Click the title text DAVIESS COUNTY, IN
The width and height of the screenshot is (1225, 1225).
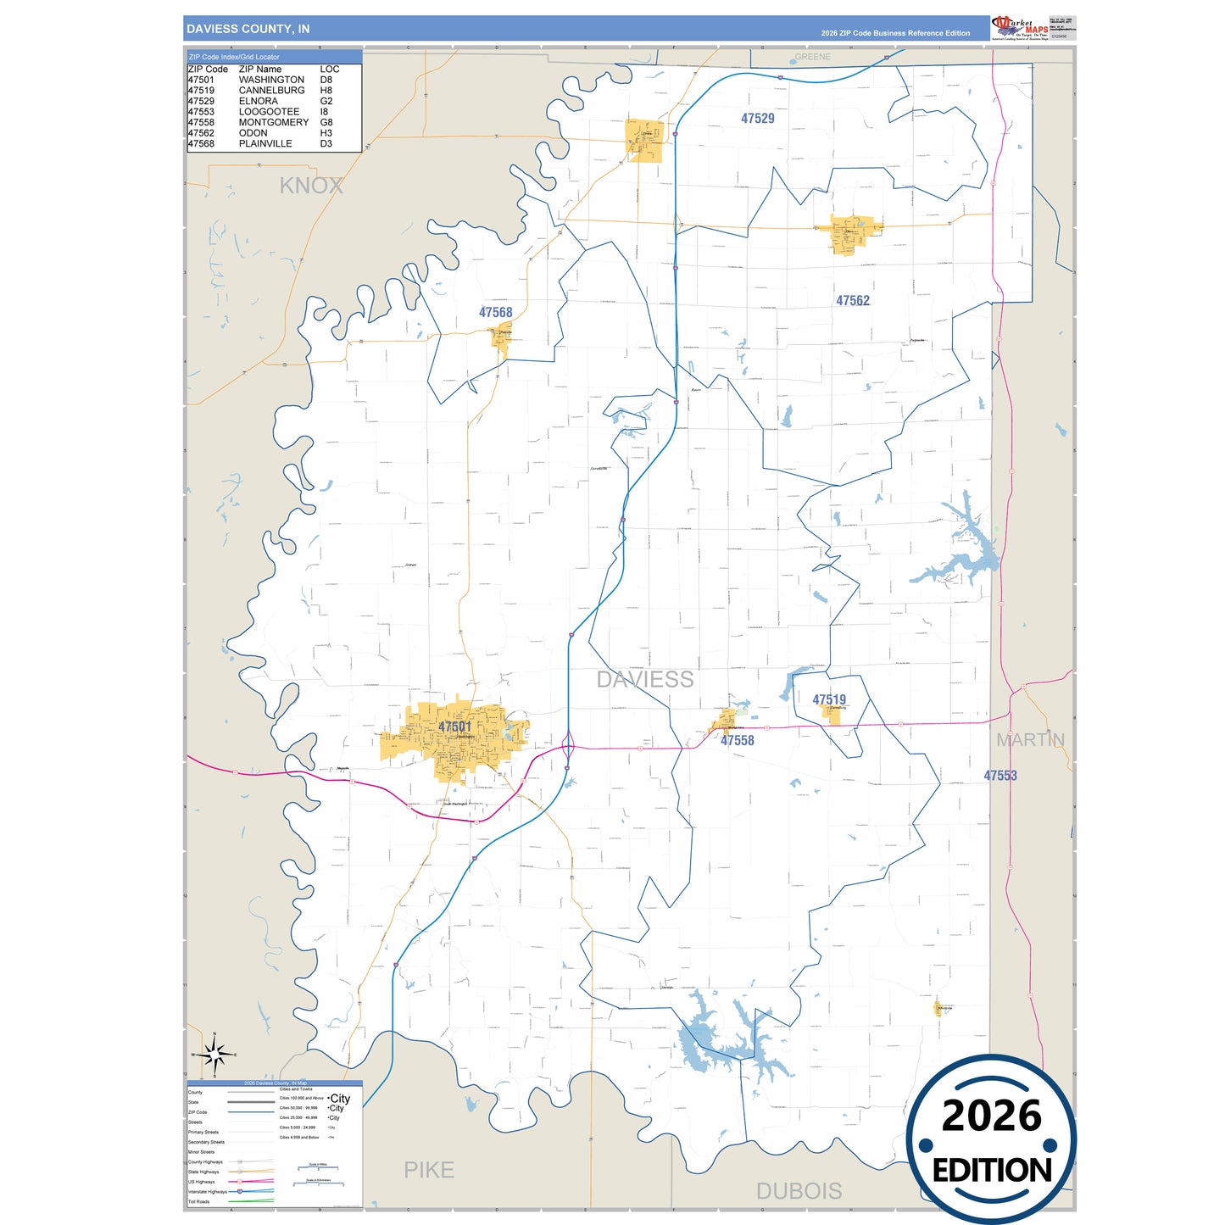[x=248, y=29]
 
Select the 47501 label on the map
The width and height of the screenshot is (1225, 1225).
[x=454, y=727]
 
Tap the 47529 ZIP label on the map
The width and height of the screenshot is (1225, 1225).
[x=757, y=119]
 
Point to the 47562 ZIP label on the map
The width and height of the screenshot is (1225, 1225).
[x=852, y=301]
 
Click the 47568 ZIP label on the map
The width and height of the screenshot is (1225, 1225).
[x=495, y=313]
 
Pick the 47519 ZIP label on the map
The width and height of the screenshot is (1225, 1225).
[x=828, y=699]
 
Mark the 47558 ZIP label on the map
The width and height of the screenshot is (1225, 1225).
[x=737, y=740]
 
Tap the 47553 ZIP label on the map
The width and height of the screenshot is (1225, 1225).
[x=999, y=776]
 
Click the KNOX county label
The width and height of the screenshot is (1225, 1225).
[x=311, y=186]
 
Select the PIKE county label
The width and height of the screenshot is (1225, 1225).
[x=428, y=1170]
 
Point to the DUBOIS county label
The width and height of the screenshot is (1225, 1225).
[x=799, y=1191]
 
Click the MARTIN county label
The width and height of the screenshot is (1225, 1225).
[x=1030, y=740]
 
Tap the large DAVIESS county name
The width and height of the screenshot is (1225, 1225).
[x=644, y=679]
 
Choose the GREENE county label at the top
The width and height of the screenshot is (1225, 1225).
[x=812, y=57]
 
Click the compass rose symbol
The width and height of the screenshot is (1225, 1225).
[x=214, y=1055]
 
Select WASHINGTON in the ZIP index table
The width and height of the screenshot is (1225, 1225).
[x=271, y=80]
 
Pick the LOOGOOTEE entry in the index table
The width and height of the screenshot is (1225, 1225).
[x=269, y=112]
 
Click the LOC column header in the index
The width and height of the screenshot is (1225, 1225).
[x=330, y=70]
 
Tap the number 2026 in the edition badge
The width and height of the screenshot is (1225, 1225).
[x=991, y=1116]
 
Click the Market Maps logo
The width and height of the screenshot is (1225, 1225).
[x=1020, y=28]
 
